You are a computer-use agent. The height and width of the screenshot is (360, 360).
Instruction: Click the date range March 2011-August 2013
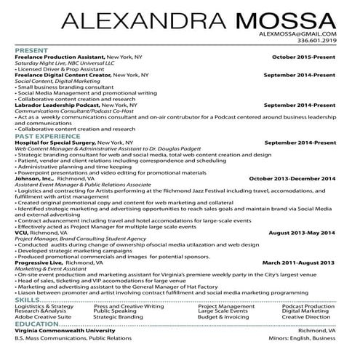pos(298,262)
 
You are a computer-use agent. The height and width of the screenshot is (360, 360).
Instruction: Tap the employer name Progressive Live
pos(39,262)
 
